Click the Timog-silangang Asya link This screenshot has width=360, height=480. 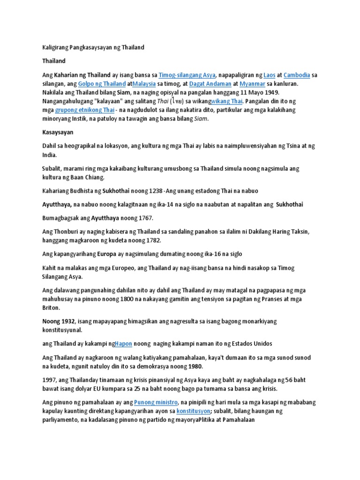[187, 75]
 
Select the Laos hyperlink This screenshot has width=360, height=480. [269, 75]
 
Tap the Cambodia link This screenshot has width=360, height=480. [297, 75]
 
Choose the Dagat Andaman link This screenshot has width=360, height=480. [210, 84]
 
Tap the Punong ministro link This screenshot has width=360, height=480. [156, 402]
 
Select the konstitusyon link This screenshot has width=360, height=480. [193, 411]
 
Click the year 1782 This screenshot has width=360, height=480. [153, 240]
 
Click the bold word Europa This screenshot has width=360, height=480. [106, 254]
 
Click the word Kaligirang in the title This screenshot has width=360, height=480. [54, 48]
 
